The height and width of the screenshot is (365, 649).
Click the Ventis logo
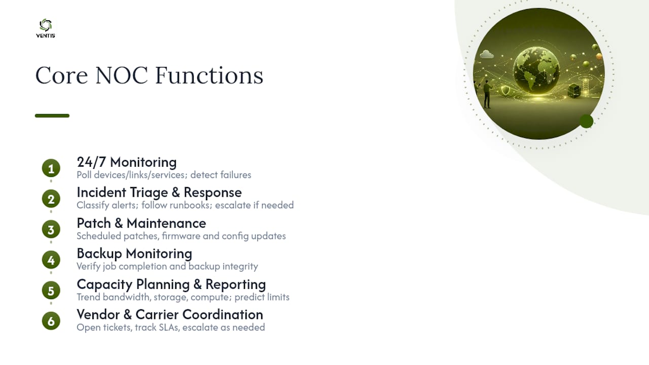point(46,28)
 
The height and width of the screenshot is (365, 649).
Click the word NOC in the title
point(122,76)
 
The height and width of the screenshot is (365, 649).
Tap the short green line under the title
point(52,116)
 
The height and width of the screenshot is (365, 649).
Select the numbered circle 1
point(51,168)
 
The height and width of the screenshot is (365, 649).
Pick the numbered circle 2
point(51,199)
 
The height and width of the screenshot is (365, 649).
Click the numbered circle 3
point(51,230)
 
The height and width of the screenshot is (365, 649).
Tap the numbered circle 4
point(51,260)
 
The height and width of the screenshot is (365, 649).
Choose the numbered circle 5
point(51,290)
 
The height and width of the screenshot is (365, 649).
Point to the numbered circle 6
point(51,321)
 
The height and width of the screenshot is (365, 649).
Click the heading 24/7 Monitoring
point(127,162)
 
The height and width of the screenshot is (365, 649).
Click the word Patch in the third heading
point(94,224)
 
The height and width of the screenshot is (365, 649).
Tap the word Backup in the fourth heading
point(99,254)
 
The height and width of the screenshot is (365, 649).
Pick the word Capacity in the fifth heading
point(104,285)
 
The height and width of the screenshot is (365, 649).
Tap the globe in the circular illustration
point(536,70)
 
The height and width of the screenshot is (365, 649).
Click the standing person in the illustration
point(487,94)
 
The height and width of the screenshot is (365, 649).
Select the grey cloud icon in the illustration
point(487,54)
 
